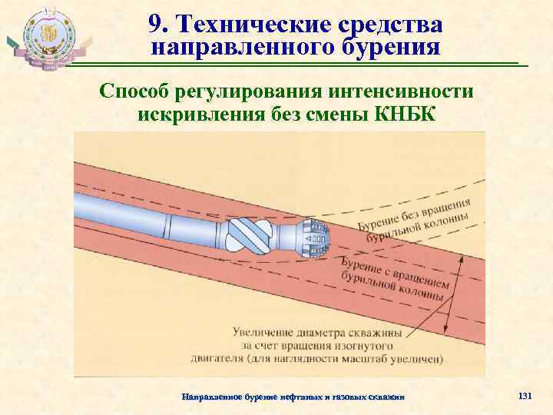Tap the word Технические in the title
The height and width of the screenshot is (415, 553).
(246, 25)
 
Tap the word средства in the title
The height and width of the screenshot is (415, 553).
(392, 25)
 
